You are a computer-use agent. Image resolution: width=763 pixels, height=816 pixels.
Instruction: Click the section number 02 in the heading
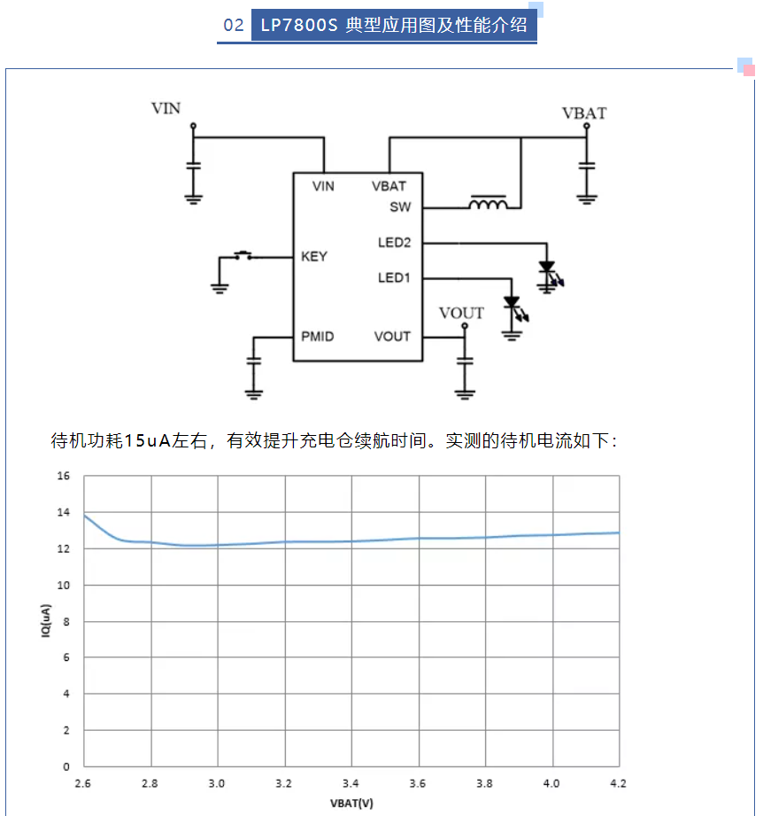click(234, 25)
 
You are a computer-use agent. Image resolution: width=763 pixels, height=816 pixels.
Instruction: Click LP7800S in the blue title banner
click(299, 25)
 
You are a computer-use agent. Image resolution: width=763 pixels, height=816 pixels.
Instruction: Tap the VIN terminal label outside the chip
click(166, 108)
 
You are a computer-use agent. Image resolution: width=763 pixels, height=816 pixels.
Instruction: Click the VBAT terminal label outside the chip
click(584, 113)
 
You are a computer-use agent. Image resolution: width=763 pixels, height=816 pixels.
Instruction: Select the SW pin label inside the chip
click(400, 207)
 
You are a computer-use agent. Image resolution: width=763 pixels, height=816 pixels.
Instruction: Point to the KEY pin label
click(314, 257)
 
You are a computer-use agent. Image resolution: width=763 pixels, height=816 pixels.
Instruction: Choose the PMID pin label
click(318, 337)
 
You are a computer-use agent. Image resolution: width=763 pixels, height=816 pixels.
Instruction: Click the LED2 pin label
click(395, 243)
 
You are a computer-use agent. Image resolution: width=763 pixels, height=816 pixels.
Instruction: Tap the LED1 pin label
click(394, 278)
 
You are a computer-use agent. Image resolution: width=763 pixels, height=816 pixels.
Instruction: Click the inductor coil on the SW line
click(488, 203)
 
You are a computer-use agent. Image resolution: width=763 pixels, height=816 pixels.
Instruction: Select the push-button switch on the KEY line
click(243, 255)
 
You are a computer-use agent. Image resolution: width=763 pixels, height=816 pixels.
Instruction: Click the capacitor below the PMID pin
click(254, 360)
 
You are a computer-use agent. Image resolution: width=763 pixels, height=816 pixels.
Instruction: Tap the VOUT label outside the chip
click(461, 313)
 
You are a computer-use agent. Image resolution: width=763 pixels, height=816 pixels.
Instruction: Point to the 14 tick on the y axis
click(64, 512)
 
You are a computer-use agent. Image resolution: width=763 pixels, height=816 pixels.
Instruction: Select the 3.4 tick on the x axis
click(351, 783)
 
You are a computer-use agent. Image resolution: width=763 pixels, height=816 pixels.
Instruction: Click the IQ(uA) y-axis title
click(46, 620)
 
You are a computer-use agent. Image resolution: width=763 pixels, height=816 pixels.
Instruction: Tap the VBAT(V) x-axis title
click(352, 804)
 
